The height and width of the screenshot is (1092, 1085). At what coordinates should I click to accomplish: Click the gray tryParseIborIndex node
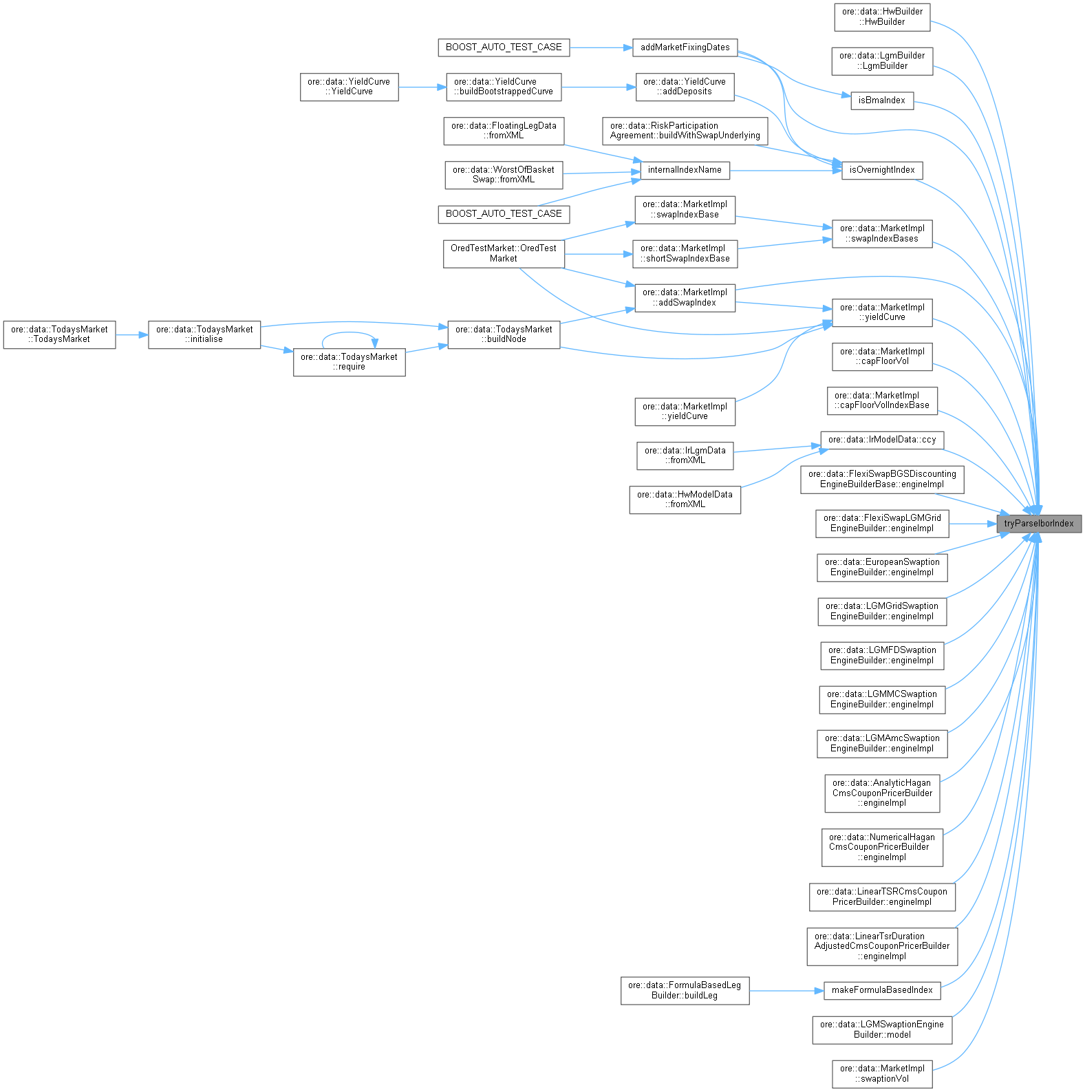(1039, 524)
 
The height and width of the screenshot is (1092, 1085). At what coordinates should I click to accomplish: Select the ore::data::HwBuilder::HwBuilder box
(882, 17)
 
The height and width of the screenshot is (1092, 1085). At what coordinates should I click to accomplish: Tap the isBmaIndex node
(881, 100)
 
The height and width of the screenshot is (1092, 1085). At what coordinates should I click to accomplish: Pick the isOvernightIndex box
(881, 170)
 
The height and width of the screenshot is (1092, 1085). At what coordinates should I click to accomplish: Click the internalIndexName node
(685, 170)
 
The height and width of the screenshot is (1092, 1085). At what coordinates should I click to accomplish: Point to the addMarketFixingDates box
(685, 47)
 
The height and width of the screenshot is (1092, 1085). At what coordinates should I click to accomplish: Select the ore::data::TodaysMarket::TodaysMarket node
(59, 334)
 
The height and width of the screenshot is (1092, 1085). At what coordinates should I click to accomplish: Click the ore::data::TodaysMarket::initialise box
(204, 334)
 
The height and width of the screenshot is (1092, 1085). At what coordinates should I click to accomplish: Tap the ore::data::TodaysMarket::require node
(349, 362)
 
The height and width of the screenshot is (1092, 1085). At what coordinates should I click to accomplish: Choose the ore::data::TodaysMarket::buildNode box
(504, 334)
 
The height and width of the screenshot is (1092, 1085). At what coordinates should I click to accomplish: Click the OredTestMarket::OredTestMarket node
(504, 253)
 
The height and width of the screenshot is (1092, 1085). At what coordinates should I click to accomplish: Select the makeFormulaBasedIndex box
(881, 990)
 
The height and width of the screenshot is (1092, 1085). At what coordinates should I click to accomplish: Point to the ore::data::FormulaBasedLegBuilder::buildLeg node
(685, 990)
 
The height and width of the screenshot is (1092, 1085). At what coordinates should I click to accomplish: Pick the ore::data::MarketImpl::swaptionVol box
(882, 1073)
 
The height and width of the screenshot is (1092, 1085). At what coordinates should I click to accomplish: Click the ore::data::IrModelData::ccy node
(882, 440)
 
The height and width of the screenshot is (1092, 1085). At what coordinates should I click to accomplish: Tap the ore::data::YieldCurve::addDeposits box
(685, 87)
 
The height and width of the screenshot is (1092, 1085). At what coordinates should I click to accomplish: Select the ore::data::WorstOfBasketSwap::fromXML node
(504, 175)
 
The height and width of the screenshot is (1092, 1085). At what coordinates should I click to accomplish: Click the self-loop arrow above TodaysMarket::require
(349, 333)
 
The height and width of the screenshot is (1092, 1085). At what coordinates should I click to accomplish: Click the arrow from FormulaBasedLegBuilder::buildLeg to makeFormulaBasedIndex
(786, 991)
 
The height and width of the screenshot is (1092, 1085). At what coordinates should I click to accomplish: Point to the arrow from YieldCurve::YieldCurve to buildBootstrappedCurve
(422, 87)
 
